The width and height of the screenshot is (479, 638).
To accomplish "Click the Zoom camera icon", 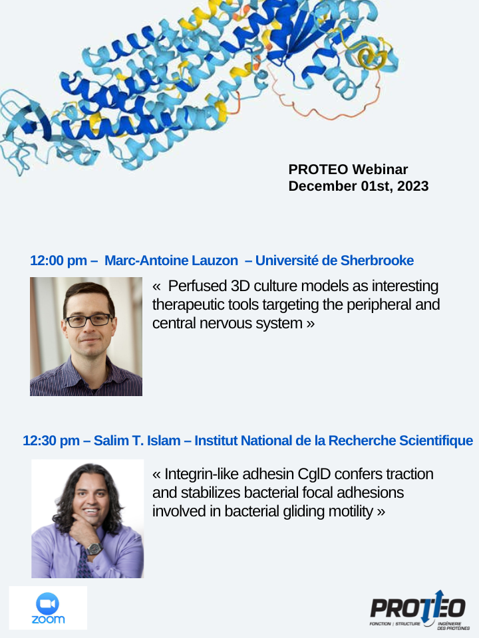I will (47, 603).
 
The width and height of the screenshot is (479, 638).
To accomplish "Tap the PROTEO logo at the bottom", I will (417, 608).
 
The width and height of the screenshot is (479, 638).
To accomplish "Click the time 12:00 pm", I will (59, 261).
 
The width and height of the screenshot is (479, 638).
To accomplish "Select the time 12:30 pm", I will (51, 441).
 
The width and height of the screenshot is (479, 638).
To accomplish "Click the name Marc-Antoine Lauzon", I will (170, 261).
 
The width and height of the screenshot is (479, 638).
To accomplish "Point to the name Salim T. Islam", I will (138, 441).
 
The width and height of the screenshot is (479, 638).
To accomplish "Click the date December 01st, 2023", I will (358, 186).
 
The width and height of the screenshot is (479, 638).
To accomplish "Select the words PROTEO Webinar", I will (348, 169).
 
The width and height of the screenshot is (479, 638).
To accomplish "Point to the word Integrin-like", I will (203, 475).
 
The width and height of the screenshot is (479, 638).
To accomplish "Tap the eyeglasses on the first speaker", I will (88, 320).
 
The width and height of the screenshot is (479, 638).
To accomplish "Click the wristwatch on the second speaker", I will (94, 549).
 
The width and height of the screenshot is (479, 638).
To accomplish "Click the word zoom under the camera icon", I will (48, 619).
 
